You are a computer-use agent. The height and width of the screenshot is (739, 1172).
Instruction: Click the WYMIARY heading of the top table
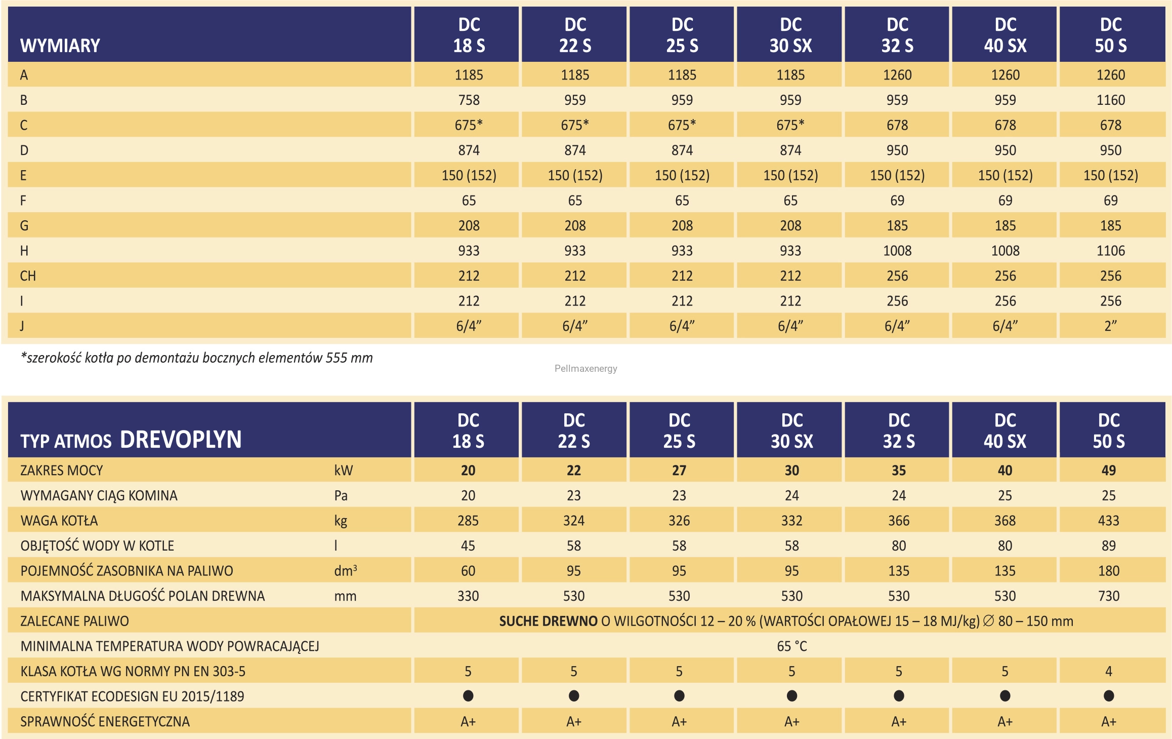point(60,46)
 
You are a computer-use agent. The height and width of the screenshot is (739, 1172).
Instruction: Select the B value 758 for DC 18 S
point(469,100)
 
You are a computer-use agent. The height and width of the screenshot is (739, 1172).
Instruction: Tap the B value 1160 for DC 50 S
point(1110,100)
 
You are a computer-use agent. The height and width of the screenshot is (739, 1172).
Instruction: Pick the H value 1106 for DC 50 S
point(1110,251)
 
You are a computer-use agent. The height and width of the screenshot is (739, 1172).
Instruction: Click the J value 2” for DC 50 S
point(1110,326)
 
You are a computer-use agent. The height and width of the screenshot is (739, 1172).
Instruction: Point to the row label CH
point(28,276)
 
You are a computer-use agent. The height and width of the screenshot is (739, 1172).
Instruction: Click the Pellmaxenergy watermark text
point(585,368)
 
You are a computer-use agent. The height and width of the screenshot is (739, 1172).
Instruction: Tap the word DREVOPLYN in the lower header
point(181,439)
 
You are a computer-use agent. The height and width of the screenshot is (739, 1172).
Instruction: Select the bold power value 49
point(1108,471)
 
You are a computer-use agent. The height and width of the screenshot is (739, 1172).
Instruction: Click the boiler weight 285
point(468,521)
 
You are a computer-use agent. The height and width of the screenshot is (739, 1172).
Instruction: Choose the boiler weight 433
point(1108,521)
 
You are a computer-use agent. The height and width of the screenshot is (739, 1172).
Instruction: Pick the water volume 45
point(468,546)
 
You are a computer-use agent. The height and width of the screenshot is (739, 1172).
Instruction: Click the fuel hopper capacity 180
point(1108,571)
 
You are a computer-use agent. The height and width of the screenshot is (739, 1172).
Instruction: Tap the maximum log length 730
point(1108,596)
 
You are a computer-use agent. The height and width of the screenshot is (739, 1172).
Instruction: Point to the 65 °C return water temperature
point(792,646)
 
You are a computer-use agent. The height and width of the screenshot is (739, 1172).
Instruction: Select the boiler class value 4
point(1108,671)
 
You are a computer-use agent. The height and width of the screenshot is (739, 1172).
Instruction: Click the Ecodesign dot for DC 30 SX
point(792,696)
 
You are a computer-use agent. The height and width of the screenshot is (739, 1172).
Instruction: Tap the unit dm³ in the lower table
point(346,570)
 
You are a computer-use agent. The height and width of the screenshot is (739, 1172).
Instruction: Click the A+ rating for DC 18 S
point(468,721)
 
